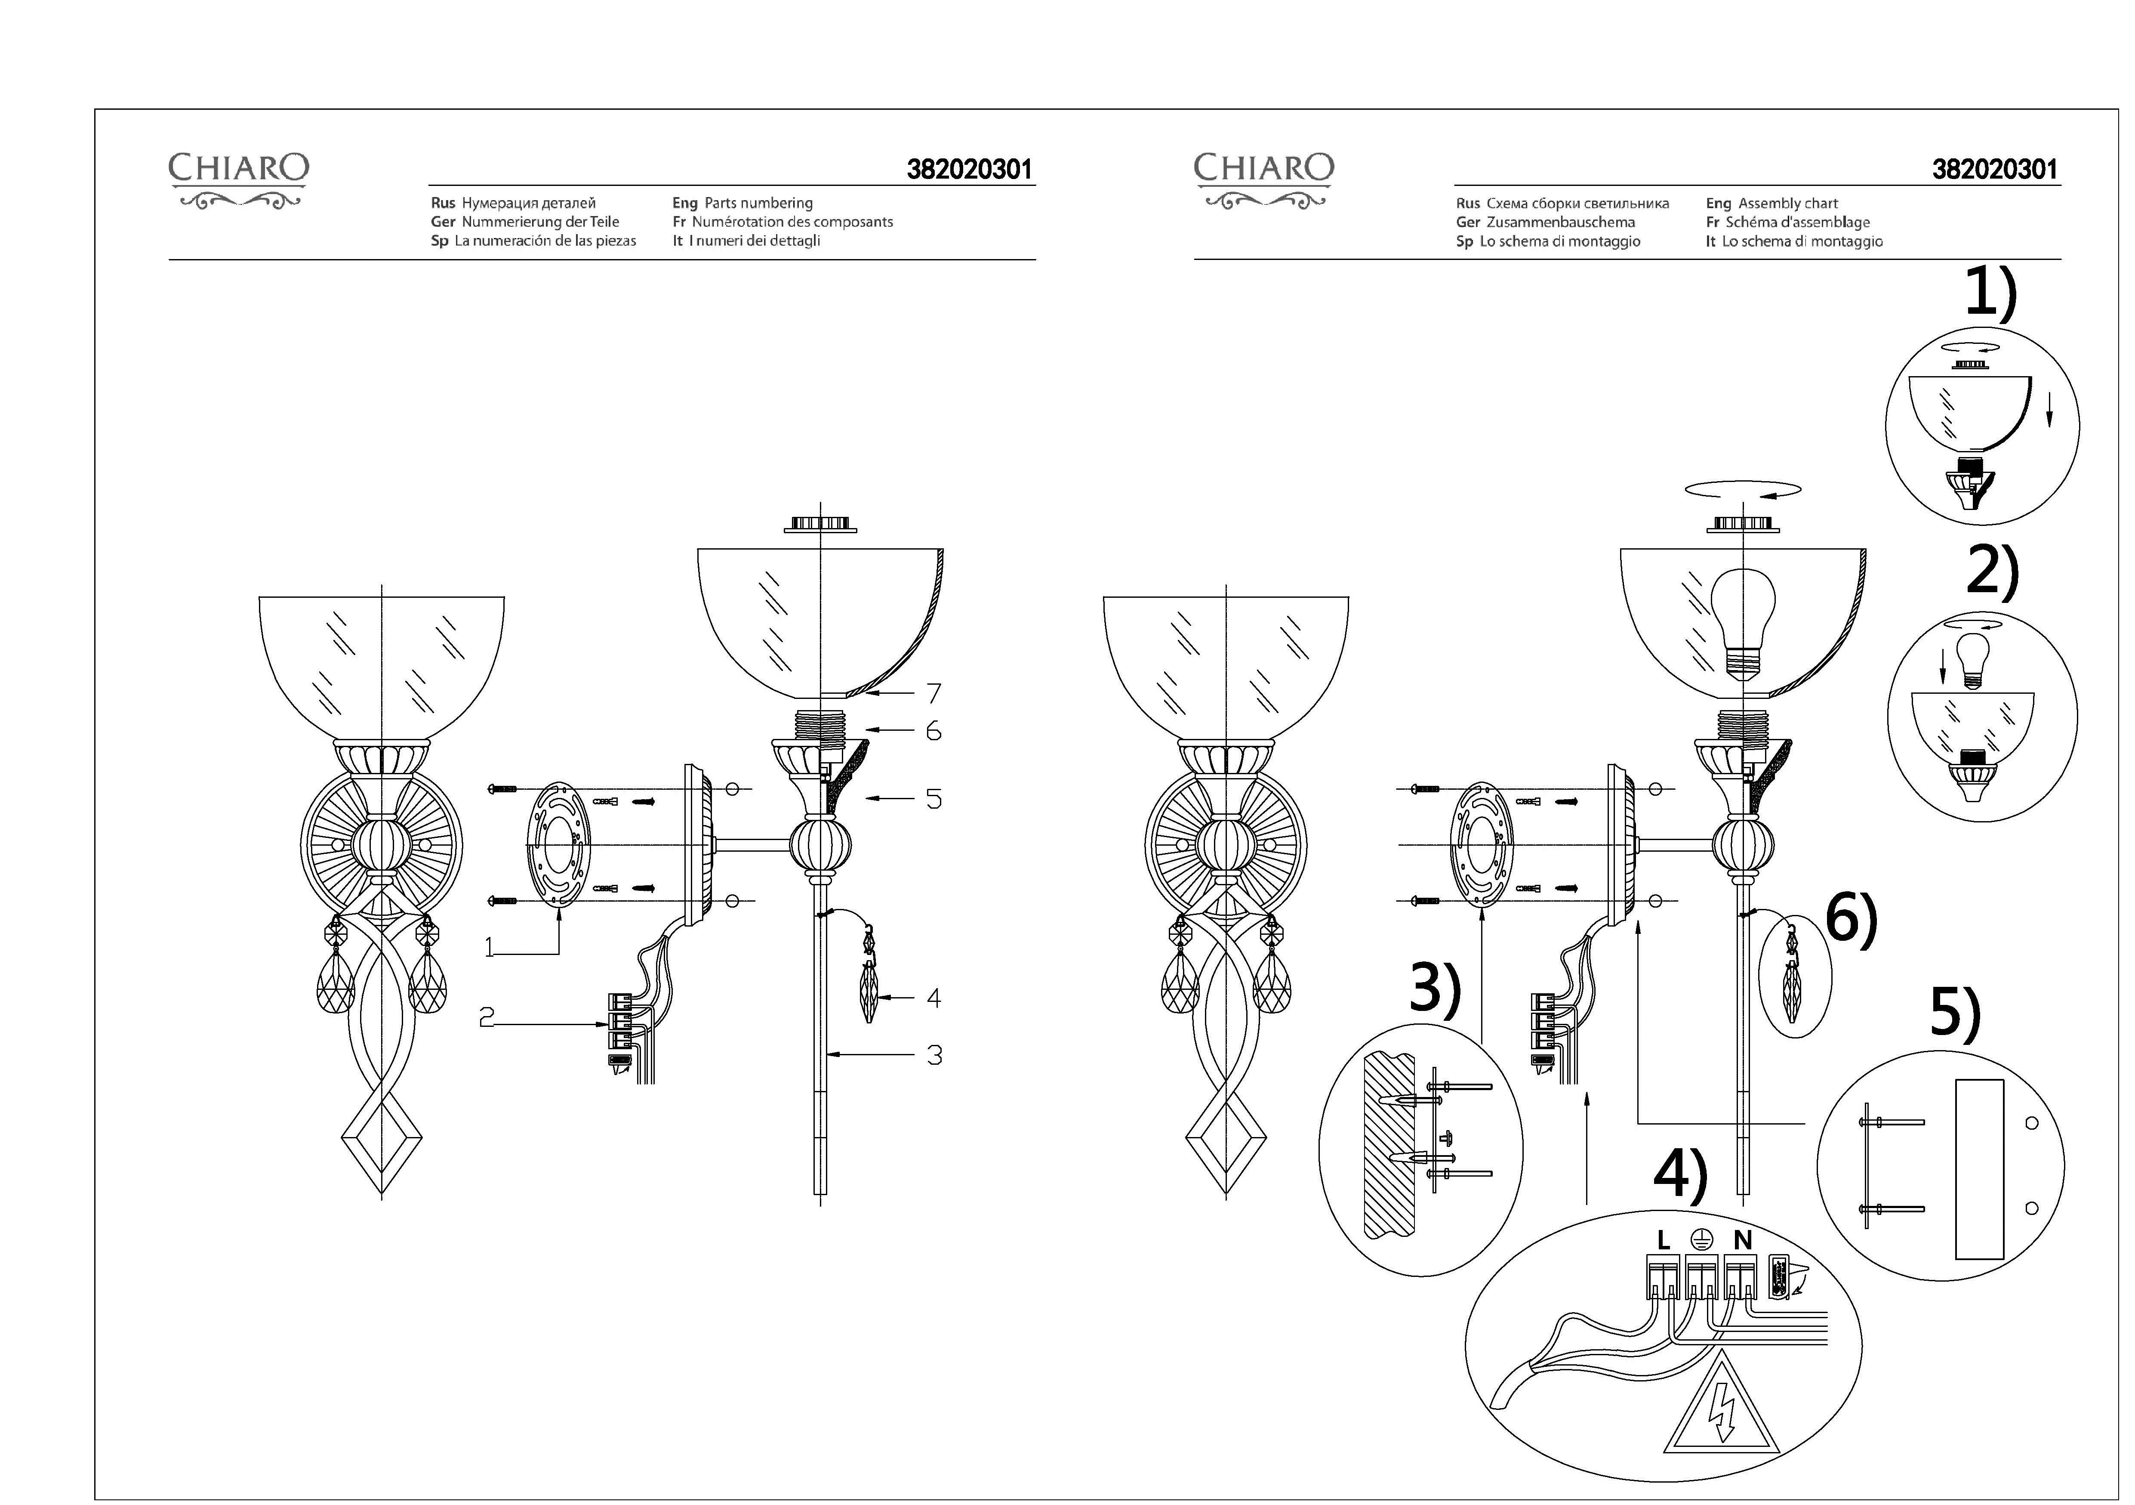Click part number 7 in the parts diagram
933,693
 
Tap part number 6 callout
933,731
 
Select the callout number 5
933,799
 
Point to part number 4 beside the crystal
933,998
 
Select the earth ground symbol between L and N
1702,1238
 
